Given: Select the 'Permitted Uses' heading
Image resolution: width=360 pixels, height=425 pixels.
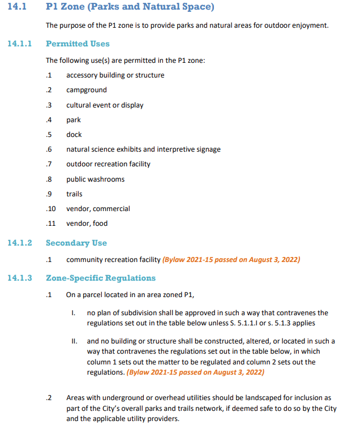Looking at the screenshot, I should pyautogui.click(x=78, y=44).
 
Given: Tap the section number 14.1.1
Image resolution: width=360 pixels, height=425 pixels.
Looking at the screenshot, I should pyautogui.click(x=20, y=44).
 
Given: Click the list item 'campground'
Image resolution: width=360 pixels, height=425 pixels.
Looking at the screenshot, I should pyautogui.click(x=86, y=90).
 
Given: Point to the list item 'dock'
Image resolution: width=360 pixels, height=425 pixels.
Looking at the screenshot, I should pyautogui.click(x=74, y=135).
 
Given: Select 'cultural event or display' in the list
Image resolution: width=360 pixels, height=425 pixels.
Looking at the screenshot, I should pyautogui.click(x=105, y=105).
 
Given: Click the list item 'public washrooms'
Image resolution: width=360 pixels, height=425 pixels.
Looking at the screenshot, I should pyautogui.click(x=95, y=179).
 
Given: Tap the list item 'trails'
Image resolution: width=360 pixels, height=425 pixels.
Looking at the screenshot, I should pyautogui.click(x=74, y=194).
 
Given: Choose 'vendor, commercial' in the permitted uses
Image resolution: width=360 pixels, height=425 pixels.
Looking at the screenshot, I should pyautogui.click(x=98, y=209).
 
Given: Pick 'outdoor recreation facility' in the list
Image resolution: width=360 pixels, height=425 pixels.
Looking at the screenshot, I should pyautogui.click(x=108, y=164).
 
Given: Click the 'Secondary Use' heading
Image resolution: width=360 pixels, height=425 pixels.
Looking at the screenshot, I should pyautogui.click(x=76, y=243).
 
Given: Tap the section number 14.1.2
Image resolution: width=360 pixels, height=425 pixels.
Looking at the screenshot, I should pyautogui.click(x=20, y=243).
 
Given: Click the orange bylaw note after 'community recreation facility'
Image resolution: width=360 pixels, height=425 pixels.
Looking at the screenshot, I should pyautogui.click(x=231, y=260).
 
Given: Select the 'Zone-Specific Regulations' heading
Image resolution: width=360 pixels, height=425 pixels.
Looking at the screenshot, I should pyautogui.click(x=100, y=278).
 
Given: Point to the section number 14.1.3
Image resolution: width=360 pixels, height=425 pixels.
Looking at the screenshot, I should pyautogui.click(x=20, y=278).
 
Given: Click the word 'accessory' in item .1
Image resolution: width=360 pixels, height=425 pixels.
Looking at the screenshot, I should pyautogui.click(x=81, y=75).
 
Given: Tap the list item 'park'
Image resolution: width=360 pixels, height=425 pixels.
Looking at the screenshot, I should pyautogui.click(x=74, y=120).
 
